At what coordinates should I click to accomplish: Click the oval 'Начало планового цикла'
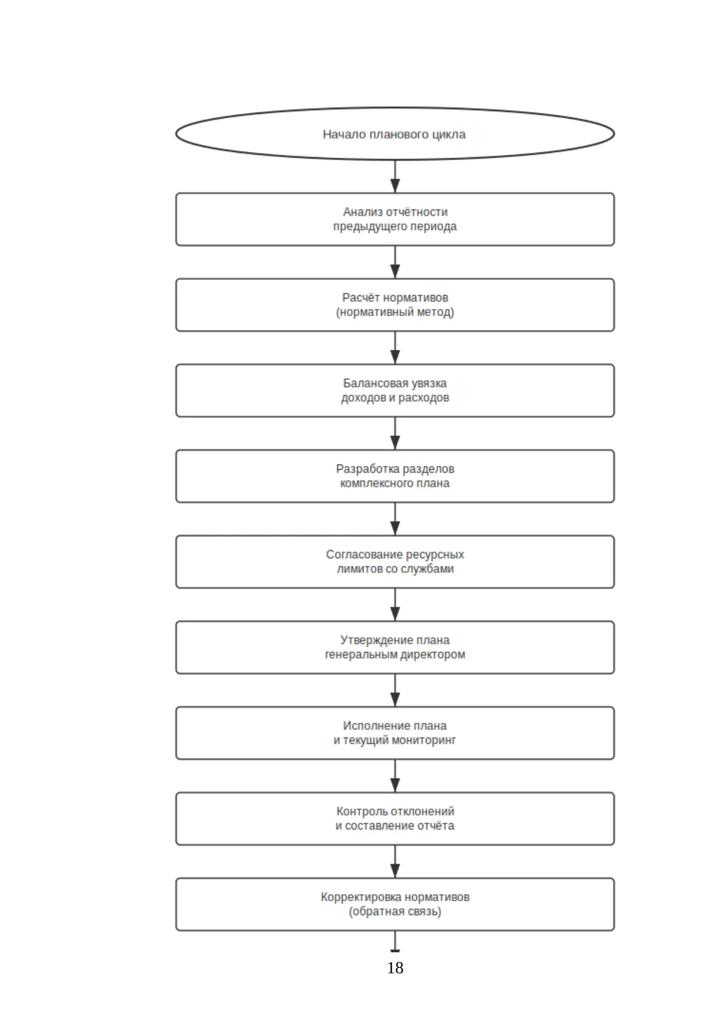click(x=395, y=134)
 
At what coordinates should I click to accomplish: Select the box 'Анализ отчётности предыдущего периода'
click(x=395, y=219)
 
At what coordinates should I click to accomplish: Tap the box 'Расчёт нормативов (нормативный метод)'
click(x=395, y=305)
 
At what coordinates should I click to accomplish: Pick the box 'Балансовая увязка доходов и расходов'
click(x=395, y=391)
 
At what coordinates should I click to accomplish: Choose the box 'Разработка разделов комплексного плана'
click(x=395, y=476)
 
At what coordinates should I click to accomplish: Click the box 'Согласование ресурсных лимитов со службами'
click(x=395, y=562)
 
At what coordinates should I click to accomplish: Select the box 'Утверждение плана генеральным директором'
click(x=395, y=647)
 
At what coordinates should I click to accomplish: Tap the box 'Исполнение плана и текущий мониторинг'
click(x=395, y=733)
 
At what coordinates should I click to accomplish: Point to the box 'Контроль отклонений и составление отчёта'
click(x=395, y=818)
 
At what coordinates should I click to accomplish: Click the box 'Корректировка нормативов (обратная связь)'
click(x=395, y=904)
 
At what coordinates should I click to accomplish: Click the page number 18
click(x=395, y=967)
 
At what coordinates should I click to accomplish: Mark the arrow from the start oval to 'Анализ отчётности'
click(x=395, y=176)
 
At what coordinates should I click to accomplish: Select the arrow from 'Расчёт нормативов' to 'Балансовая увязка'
click(x=395, y=348)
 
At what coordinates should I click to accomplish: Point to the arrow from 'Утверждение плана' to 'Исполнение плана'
click(x=395, y=690)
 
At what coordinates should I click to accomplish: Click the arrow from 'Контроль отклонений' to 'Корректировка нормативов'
click(x=395, y=861)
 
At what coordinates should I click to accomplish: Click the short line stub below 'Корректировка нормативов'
click(x=395, y=941)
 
